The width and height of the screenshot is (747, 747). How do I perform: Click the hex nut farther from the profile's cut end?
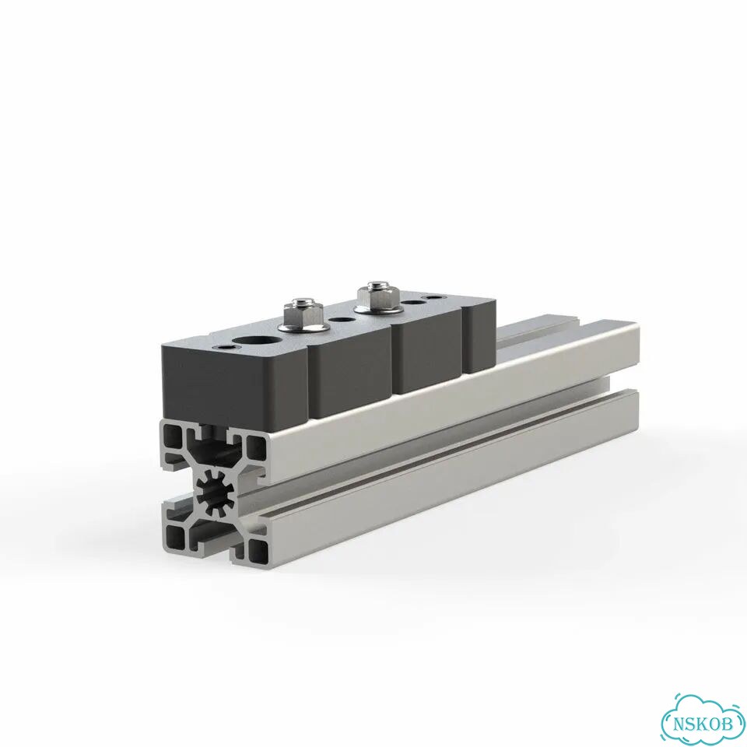click(x=373, y=297)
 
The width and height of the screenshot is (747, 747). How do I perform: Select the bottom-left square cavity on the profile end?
click(x=175, y=537)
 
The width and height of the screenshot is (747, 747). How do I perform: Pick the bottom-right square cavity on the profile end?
click(x=258, y=550)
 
